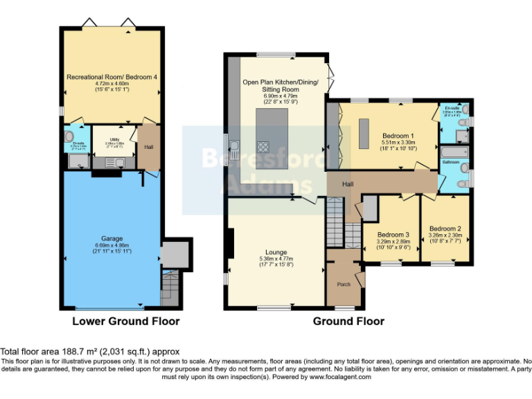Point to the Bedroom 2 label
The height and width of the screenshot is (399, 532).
(445, 228)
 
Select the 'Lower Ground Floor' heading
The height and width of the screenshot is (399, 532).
(126, 321)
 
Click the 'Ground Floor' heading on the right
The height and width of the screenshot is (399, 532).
(348, 321)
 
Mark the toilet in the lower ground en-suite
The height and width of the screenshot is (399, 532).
(69, 136)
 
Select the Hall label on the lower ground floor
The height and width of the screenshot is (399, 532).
(149, 147)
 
